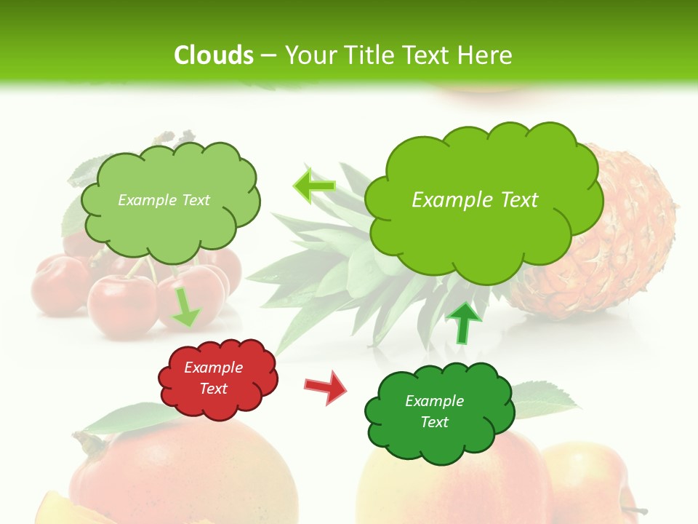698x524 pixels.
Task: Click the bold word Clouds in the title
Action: point(214,55)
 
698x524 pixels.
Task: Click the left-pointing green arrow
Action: point(314,186)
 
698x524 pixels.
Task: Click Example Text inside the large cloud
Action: point(475,200)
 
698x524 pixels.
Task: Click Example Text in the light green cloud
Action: point(164,200)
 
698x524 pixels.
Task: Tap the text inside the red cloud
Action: point(214,378)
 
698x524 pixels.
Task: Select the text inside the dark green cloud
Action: point(434,411)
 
